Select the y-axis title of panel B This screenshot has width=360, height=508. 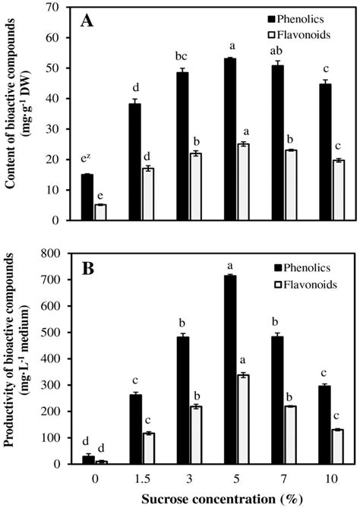point(18,361)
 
